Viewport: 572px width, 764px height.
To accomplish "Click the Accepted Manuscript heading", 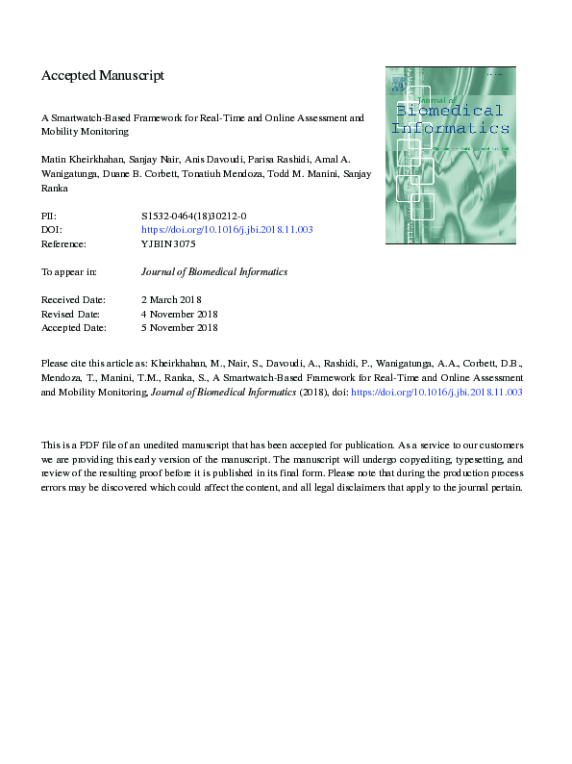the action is click(x=103, y=75).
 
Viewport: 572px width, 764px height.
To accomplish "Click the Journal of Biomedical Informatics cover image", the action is click(x=450, y=155).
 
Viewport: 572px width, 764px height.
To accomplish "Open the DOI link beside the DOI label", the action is click(x=227, y=230).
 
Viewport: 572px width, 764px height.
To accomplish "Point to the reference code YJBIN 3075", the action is click(x=168, y=243).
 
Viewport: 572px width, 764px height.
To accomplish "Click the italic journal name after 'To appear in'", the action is click(x=213, y=272).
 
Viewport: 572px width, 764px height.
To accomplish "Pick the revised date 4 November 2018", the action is click(x=180, y=315).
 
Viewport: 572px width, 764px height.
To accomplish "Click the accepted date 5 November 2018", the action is click(x=180, y=328).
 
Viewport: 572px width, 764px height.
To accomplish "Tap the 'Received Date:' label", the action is click(x=73, y=301).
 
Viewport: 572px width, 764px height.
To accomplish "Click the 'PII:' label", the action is click(x=49, y=217).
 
